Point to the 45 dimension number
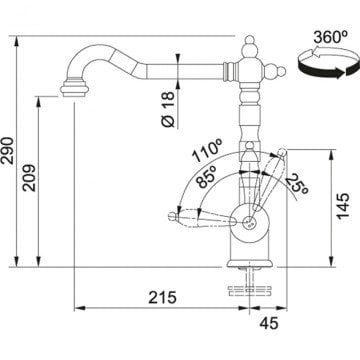[267, 323]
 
